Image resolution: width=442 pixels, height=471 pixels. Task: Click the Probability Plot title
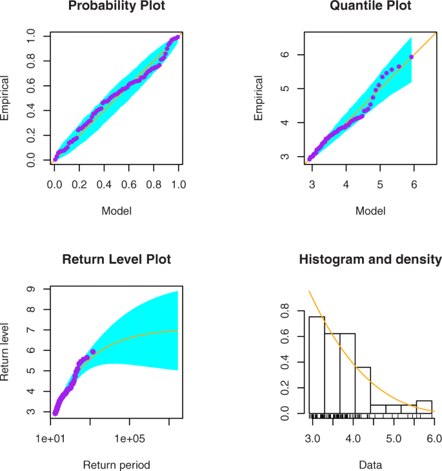click(x=117, y=8)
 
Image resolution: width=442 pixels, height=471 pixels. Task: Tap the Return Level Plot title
click(x=117, y=260)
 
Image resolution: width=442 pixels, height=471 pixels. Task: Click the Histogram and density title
click(x=370, y=260)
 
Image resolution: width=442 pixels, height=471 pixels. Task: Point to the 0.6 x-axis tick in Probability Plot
click(x=129, y=184)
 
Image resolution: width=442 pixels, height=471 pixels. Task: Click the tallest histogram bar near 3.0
click(x=317, y=365)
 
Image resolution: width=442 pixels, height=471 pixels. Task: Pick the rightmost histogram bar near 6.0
click(x=424, y=408)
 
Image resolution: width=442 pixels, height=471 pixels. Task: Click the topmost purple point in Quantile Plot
click(x=412, y=57)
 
